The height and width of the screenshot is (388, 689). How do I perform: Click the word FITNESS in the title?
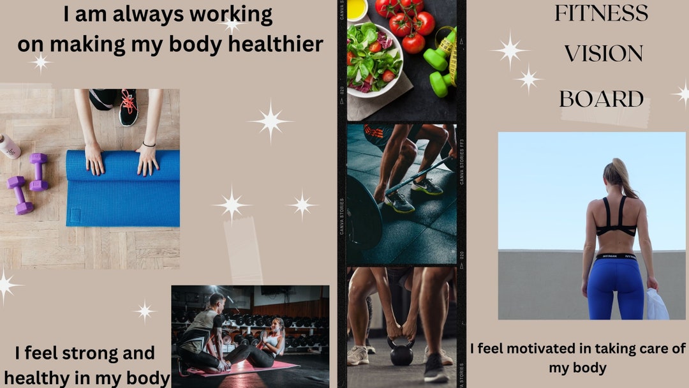pos(601,13)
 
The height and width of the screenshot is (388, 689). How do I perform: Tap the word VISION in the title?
pos(603,54)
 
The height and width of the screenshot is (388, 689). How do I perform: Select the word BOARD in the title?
pos(601,99)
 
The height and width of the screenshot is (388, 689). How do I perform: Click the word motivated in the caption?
pos(548,348)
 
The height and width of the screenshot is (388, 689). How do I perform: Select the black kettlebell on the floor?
pos(401,353)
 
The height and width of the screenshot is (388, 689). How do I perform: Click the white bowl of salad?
pos(374,61)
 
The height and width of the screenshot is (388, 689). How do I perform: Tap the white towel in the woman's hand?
pos(657,305)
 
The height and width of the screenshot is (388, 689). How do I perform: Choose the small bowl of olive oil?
pos(357,9)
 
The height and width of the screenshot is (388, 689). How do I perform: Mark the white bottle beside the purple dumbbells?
pos(9,146)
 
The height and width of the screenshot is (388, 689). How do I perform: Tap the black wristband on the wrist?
pos(149,144)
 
